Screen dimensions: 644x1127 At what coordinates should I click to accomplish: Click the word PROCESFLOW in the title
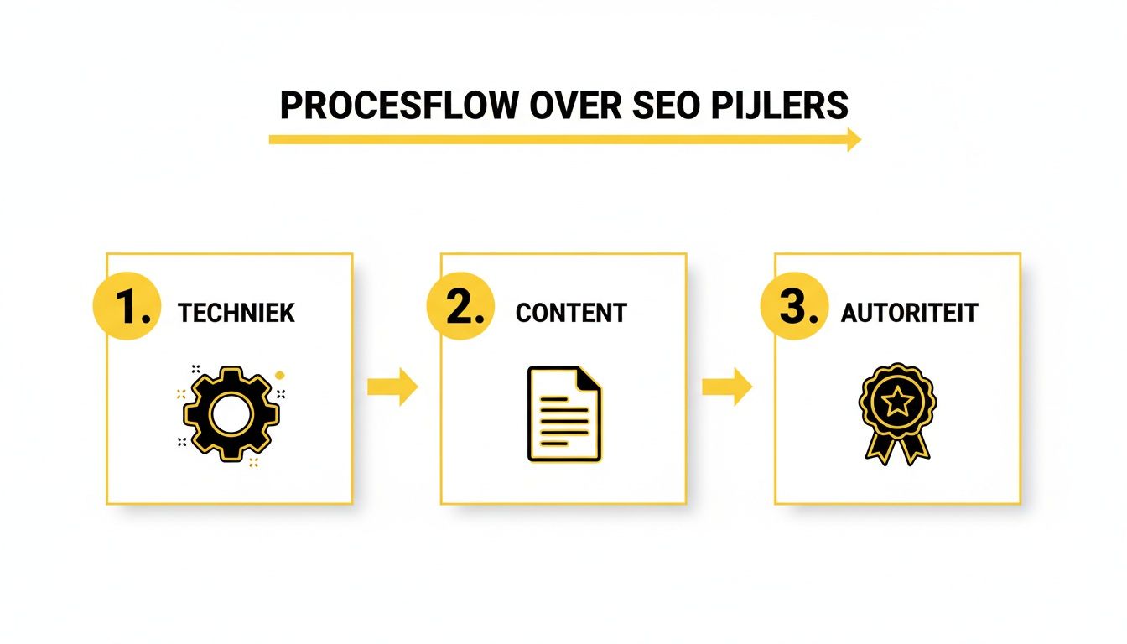396,107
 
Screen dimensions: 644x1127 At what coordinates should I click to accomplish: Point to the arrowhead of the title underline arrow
854,139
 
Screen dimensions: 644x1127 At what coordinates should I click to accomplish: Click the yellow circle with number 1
127,308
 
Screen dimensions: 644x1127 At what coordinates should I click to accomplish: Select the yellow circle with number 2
460,308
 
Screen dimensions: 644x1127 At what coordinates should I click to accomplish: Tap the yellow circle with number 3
794,308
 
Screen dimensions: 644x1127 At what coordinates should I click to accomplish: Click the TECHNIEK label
236,314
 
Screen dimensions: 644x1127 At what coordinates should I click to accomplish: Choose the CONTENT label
571,314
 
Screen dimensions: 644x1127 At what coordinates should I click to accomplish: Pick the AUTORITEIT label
909,314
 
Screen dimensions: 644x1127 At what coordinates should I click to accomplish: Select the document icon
564,413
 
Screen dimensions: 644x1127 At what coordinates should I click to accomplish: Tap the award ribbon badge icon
897,413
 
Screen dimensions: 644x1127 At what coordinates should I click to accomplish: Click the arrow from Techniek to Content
393,387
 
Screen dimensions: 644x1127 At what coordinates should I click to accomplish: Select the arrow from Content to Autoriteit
727,387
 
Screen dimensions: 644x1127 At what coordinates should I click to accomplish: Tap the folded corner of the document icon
590,377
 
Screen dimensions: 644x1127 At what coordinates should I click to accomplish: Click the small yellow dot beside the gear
278,374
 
